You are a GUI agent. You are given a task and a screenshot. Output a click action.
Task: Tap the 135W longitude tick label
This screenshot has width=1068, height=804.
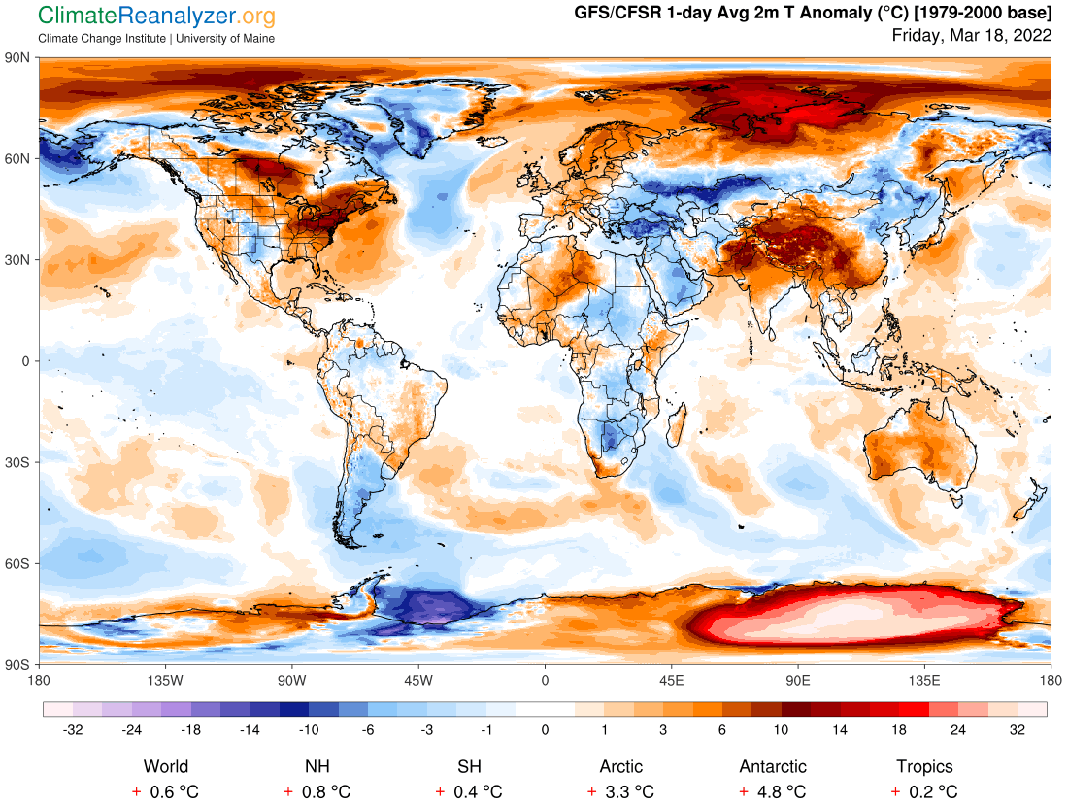coord(165,680)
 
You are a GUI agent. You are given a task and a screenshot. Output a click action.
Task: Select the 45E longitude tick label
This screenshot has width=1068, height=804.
coord(671,680)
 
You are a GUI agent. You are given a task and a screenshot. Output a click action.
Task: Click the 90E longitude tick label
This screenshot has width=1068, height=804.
coord(798,680)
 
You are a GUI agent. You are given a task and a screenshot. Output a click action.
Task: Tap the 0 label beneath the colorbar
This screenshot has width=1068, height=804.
coord(545,729)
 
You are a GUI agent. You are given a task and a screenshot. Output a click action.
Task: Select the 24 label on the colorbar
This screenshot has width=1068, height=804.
coord(958,729)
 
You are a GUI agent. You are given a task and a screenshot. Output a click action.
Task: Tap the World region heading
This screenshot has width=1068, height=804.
coord(166,767)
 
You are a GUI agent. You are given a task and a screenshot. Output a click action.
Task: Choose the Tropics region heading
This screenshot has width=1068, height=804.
coord(924,767)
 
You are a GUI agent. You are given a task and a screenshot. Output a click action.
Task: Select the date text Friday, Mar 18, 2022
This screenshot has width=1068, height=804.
coord(972,36)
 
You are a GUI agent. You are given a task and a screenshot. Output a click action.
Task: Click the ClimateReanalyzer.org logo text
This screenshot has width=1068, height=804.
coord(156,16)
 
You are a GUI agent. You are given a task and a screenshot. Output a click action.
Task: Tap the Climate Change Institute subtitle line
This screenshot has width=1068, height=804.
coord(156,38)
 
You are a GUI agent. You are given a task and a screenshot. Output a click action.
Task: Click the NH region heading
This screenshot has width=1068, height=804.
coord(317,767)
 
